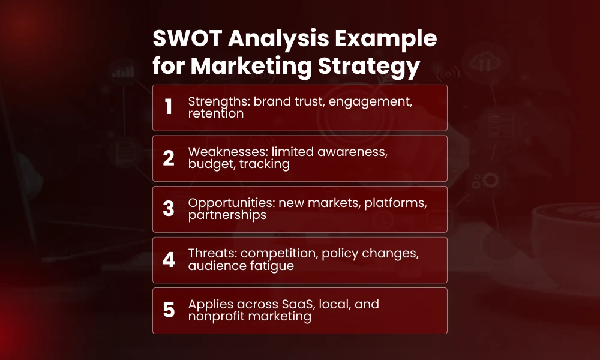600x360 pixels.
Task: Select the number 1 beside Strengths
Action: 169,107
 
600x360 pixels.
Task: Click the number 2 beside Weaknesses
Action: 169,158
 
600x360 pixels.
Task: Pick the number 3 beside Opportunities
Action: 169,209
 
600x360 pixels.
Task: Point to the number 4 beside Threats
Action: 169,260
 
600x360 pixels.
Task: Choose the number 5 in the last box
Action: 169,310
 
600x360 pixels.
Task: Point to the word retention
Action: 215,113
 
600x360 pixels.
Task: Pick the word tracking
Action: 265,164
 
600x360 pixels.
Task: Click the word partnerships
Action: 227,215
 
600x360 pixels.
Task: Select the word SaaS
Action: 298,304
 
